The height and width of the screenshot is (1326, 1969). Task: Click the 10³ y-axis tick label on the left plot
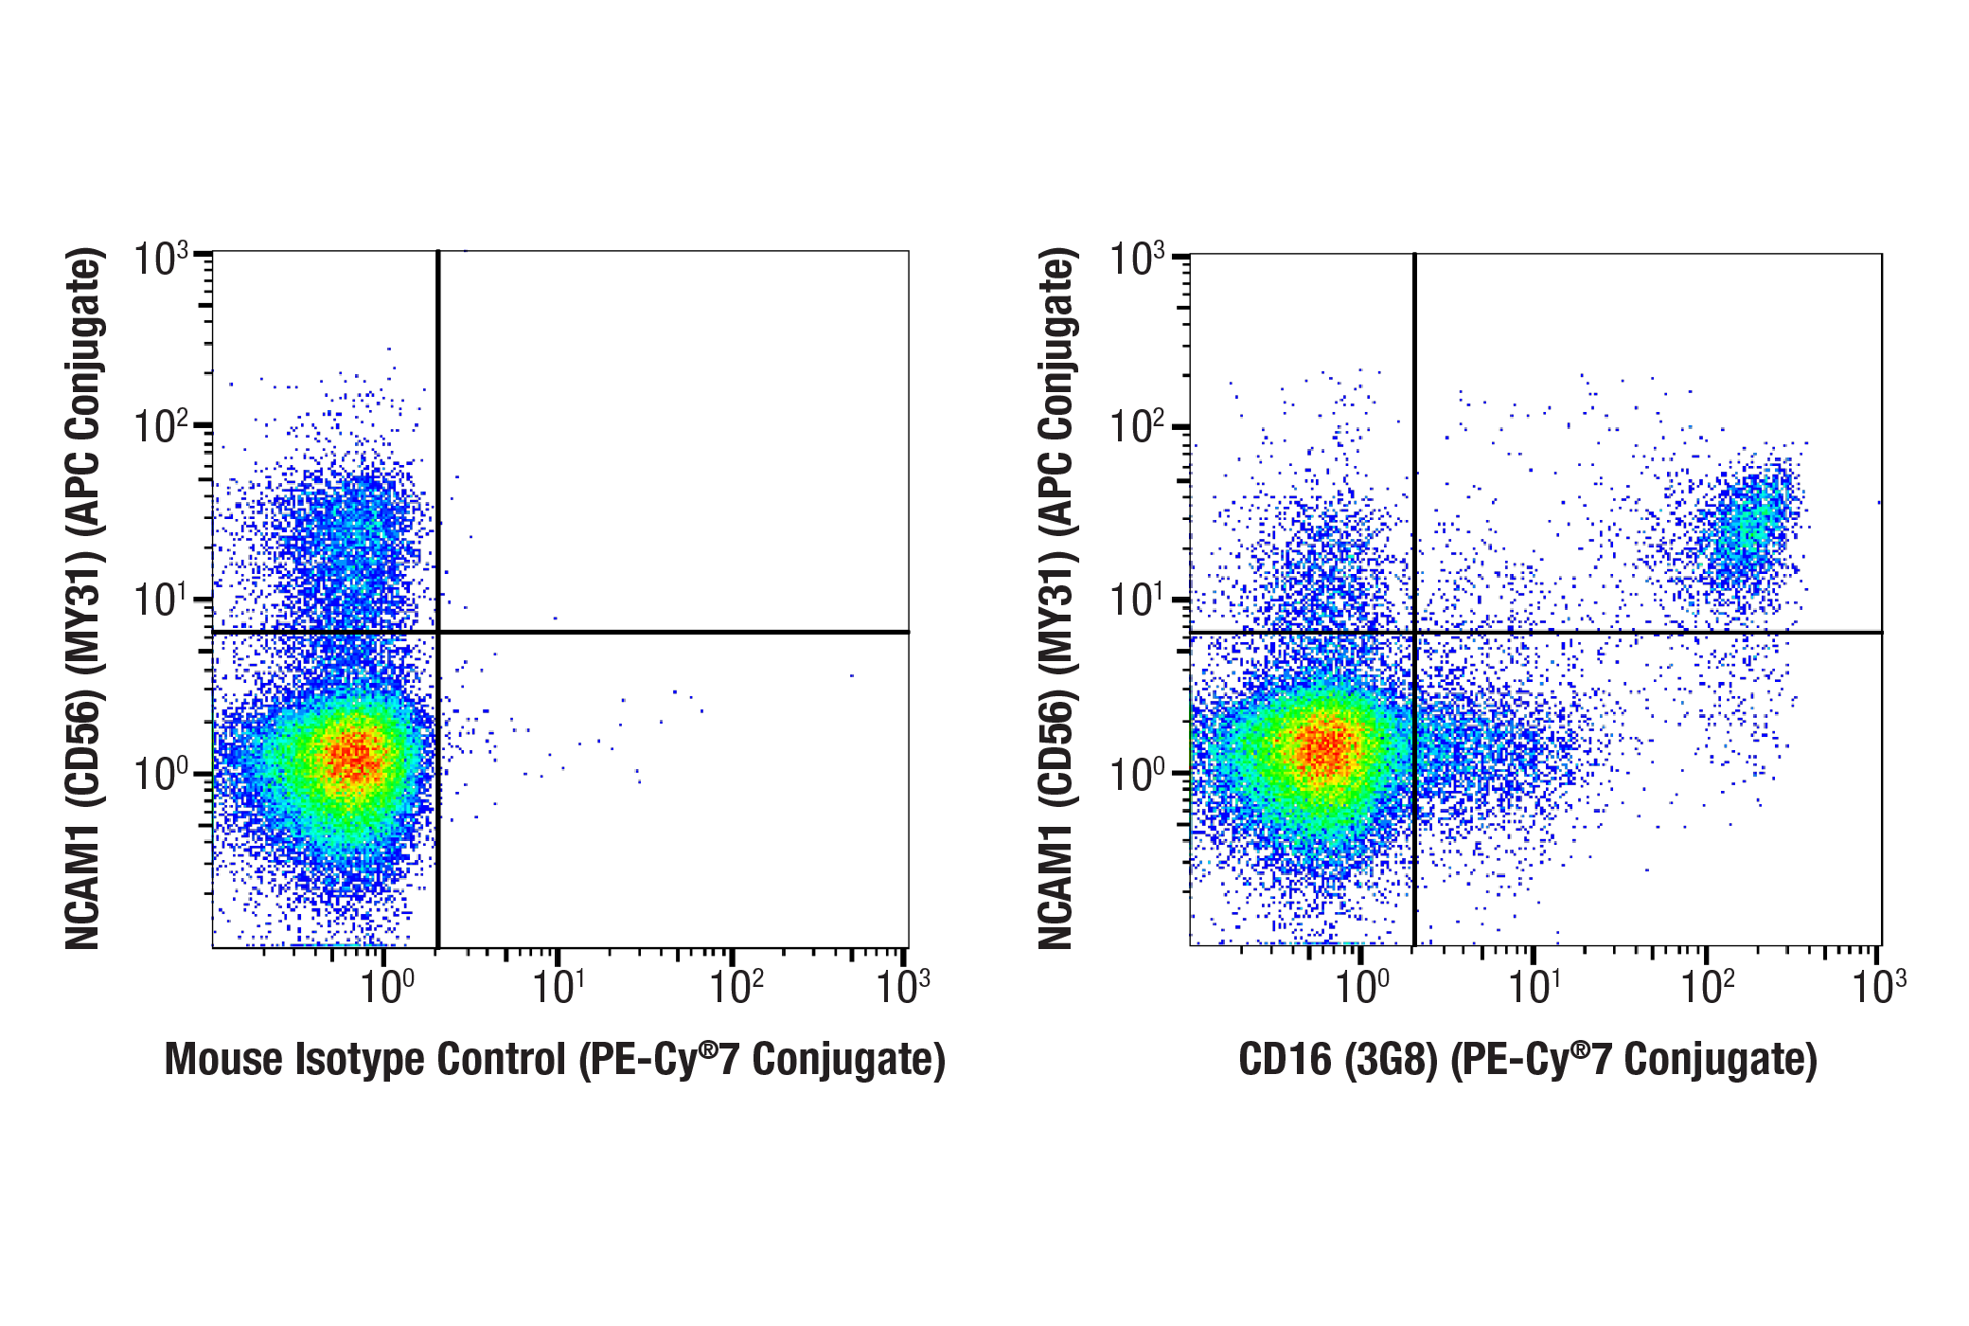(x=160, y=259)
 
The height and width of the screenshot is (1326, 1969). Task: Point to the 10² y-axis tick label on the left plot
(x=160, y=427)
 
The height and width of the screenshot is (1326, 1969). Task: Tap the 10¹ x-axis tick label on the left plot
(x=558, y=987)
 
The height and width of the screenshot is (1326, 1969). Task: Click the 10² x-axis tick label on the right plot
(x=1707, y=987)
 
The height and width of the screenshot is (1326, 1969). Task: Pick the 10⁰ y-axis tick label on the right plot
(x=1136, y=774)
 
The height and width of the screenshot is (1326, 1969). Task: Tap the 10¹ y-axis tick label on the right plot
(x=1136, y=600)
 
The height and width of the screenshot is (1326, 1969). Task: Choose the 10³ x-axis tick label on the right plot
(x=1879, y=987)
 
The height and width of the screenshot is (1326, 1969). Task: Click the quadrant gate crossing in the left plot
(x=438, y=632)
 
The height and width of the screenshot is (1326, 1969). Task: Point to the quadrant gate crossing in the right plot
(x=1414, y=632)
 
